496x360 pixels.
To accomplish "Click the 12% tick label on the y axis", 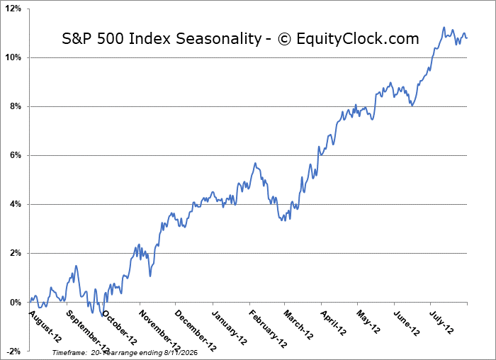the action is point(13,9).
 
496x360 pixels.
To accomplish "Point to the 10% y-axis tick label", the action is point(13,57).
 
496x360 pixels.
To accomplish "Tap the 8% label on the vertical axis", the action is point(15,106).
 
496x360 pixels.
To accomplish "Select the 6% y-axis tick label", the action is point(15,155).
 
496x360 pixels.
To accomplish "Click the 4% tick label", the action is point(15,204).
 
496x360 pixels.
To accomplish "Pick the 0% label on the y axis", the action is point(15,303).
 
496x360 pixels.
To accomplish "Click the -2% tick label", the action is point(13,351).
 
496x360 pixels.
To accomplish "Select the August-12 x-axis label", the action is point(45,326).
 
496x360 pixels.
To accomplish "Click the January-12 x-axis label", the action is point(230,327).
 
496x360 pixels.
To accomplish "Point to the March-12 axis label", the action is point(298,325).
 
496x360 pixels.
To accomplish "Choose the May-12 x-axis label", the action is point(368,322).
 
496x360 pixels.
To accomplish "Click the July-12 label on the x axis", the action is point(441,322).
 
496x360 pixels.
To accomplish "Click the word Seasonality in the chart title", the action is point(218,39).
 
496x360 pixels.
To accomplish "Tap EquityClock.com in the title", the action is point(358,39).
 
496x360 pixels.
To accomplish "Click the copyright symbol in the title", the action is point(284,39).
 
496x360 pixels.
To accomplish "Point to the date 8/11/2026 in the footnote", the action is point(181,352).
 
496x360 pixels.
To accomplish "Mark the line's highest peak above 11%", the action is point(444,27).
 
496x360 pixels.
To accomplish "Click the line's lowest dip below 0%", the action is point(102,316).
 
